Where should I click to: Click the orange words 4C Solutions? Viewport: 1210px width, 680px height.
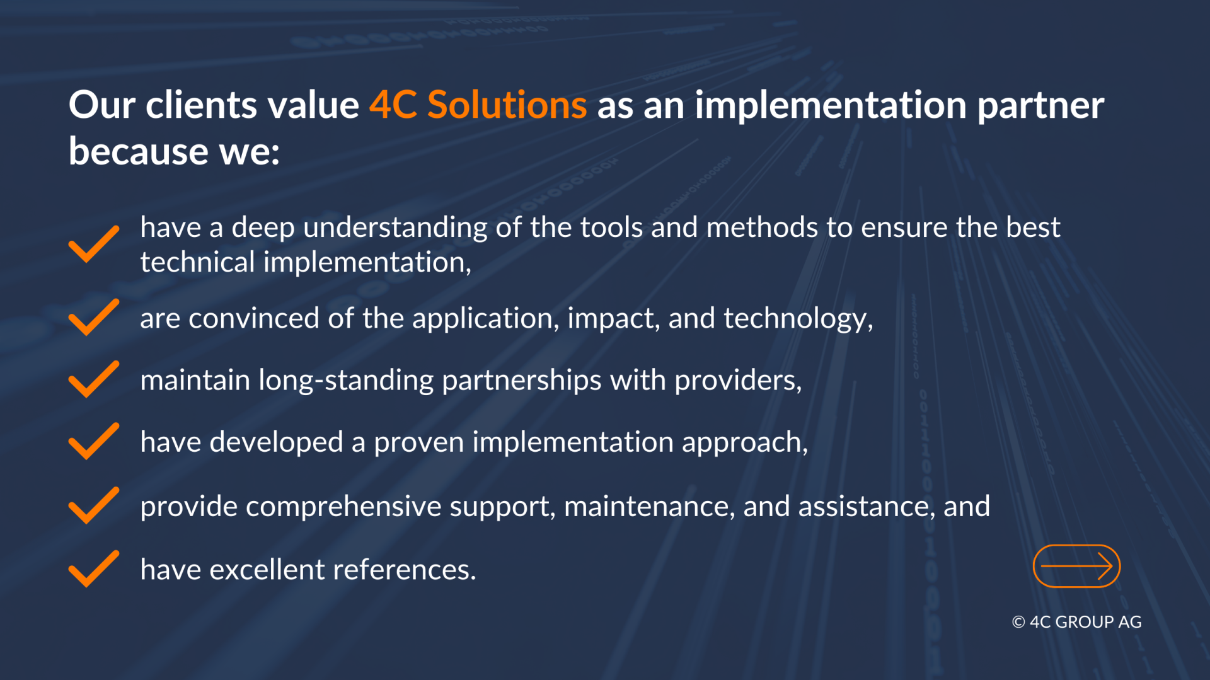(478, 105)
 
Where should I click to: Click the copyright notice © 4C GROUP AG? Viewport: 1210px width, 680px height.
(1076, 622)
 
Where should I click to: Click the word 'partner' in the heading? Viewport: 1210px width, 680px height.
(1040, 106)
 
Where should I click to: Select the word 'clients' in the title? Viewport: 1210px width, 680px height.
(202, 105)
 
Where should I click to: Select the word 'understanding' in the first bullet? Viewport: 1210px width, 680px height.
(395, 228)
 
